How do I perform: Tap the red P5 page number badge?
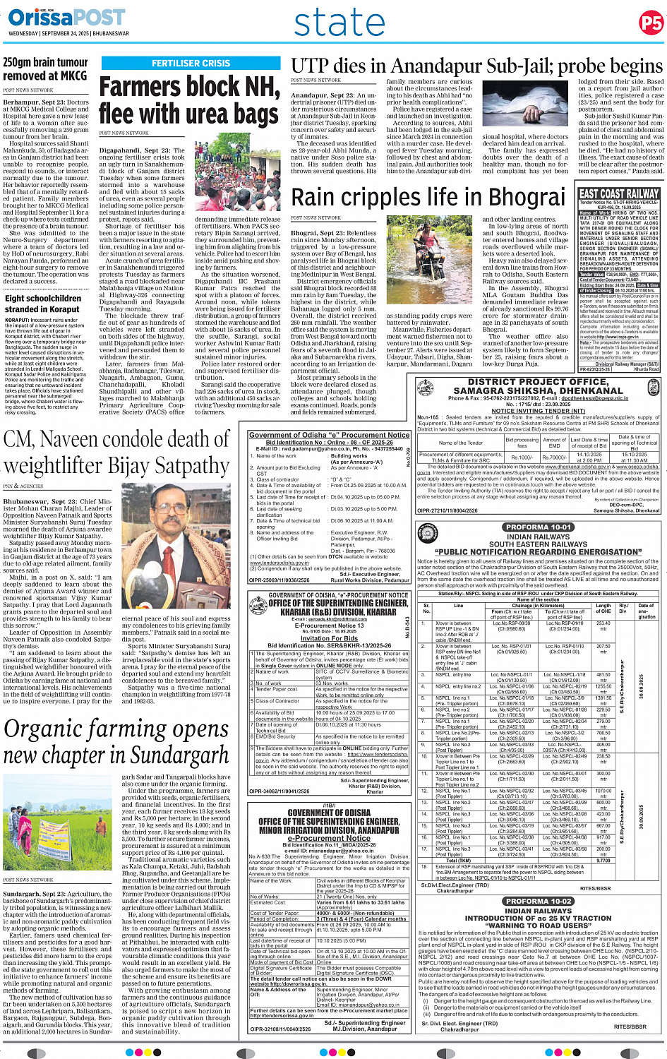click(x=650, y=23)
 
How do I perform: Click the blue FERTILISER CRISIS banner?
click(x=191, y=64)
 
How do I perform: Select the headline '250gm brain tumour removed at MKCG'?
click(x=45, y=68)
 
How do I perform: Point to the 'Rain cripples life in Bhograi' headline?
click(x=428, y=197)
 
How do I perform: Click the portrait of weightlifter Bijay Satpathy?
click(x=175, y=548)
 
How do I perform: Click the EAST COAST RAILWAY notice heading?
click(x=619, y=194)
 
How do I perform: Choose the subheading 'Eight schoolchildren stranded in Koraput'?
click(x=43, y=303)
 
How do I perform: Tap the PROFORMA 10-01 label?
click(x=539, y=527)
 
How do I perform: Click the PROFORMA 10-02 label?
click(x=539, y=901)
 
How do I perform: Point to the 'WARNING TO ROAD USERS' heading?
click(x=538, y=925)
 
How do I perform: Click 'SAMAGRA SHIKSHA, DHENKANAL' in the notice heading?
click(x=538, y=390)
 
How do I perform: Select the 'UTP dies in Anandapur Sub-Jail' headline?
click(x=476, y=66)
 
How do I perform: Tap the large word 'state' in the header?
click(x=339, y=23)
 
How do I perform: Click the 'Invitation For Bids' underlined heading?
click(x=329, y=638)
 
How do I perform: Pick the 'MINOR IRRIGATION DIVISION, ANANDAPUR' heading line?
click(x=329, y=830)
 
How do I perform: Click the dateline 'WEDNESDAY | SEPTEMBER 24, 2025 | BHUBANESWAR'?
click(x=68, y=33)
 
